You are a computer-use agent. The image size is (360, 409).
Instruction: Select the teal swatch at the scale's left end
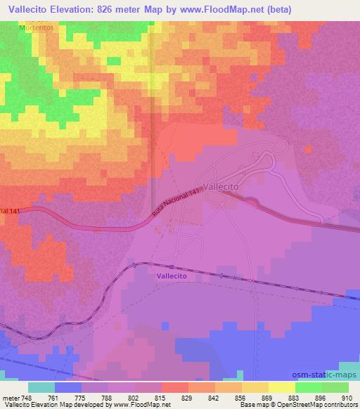(41, 387)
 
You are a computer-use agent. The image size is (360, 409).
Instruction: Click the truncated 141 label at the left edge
(8, 211)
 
